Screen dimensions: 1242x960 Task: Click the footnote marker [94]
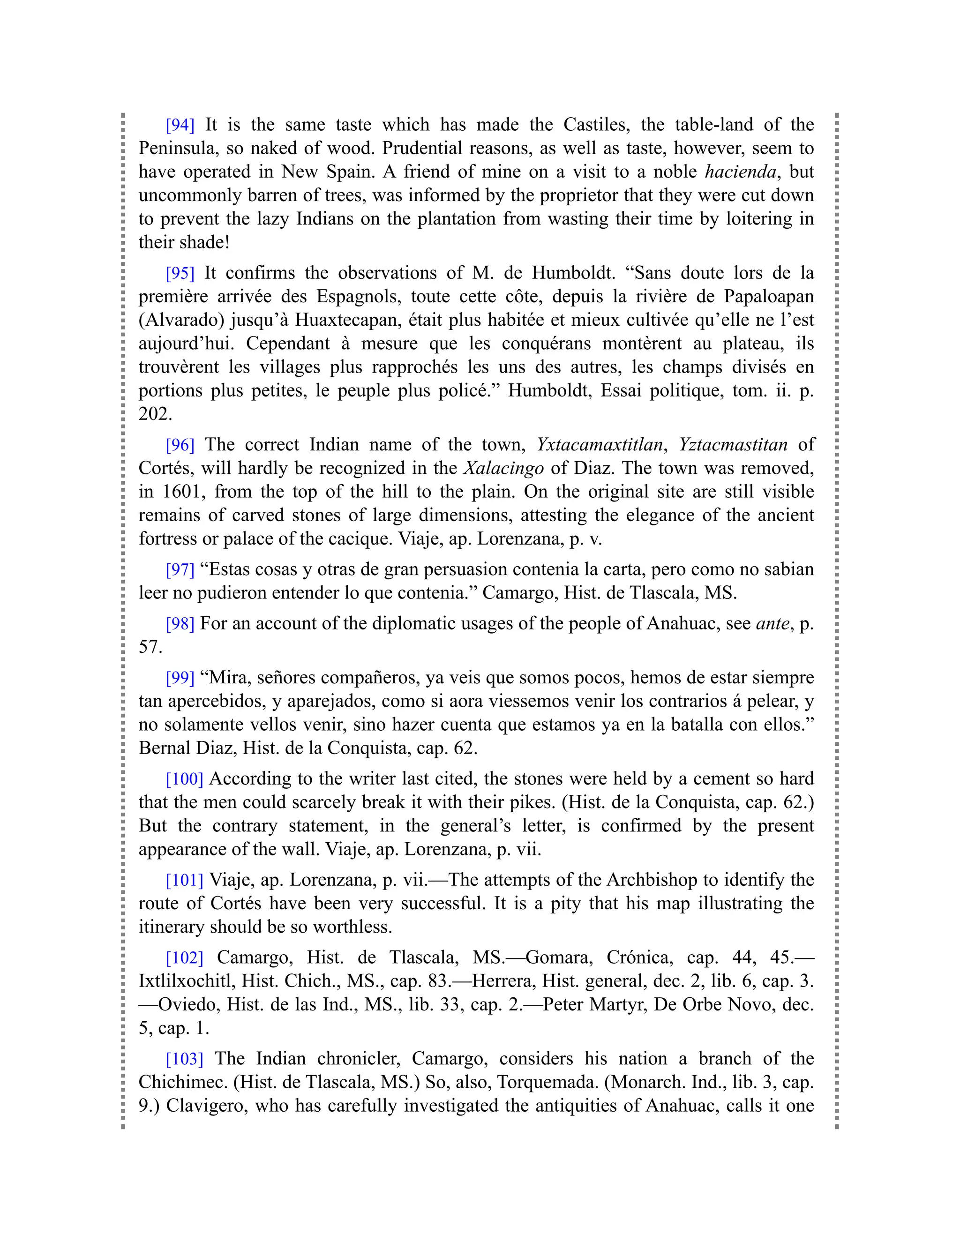tap(180, 125)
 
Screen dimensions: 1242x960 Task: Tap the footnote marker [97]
tap(180, 570)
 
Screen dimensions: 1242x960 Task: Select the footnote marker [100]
tap(184, 779)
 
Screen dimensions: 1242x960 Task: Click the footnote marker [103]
tap(184, 1059)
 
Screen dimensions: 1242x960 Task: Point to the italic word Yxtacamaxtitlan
tap(600, 445)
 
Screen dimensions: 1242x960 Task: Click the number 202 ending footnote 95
tap(155, 414)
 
